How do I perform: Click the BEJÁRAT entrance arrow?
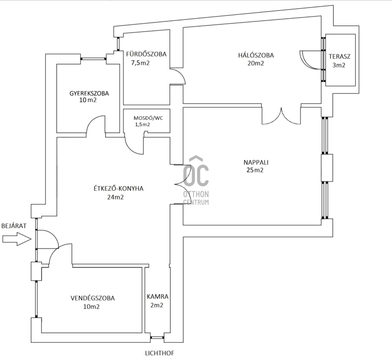(17, 239)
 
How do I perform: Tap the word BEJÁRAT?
(14, 226)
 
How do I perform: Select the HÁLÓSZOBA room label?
(256, 55)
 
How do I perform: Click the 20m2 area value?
(255, 63)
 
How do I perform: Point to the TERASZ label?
(339, 56)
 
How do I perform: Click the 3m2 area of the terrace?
(339, 65)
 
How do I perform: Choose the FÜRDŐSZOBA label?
(146, 54)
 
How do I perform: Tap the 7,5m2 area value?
(140, 63)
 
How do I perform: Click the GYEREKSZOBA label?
(89, 93)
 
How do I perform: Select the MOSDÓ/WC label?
(148, 118)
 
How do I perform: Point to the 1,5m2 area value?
(143, 125)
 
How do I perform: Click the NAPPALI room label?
(256, 162)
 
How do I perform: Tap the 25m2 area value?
(255, 170)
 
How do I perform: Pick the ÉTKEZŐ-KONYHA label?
(119, 188)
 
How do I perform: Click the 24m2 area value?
(116, 197)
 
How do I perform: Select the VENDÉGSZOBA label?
(93, 298)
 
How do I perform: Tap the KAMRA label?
(157, 297)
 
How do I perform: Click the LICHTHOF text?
(160, 353)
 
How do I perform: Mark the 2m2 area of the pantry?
(157, 306)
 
